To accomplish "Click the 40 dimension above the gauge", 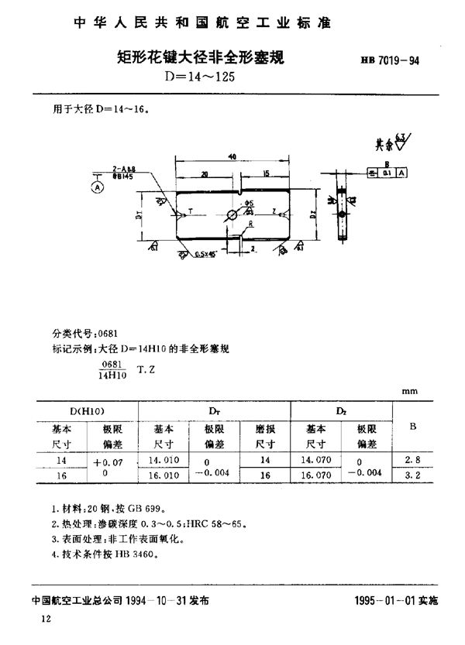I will (232, 156).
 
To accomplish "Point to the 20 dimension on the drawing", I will (202, 175).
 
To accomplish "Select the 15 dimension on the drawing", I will (266, 175).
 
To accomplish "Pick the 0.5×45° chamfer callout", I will (205, 253).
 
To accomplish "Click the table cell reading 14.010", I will (163, 459).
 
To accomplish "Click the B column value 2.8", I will (402, 459).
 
